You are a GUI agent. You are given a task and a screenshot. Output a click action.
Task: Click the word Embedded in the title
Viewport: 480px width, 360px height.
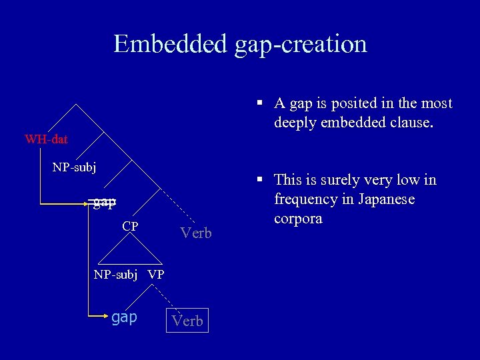tap(171, 44)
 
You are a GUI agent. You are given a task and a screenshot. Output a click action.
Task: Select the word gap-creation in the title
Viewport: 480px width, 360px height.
tap(301, 44)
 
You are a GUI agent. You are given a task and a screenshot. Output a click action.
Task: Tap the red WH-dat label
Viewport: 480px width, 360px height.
tap(46, 139)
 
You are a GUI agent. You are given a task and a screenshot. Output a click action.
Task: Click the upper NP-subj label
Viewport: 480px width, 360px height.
tap(74, 167)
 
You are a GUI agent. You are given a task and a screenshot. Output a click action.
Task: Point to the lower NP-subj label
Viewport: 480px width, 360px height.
tap(115, 274)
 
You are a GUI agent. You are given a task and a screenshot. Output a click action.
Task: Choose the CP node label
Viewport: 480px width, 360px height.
tap(130, 226)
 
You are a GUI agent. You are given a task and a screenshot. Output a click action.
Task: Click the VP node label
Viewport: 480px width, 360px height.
tap(156, 274)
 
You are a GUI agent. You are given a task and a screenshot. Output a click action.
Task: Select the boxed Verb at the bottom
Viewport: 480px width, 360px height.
tap(187, 321)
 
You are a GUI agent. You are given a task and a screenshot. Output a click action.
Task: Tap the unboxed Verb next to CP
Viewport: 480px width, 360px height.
tap(196, 233)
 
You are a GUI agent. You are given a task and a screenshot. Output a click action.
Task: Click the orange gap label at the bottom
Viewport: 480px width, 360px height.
tap(124, 317)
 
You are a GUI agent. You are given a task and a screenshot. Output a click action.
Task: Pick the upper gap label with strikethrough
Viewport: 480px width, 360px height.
tap(104, 202)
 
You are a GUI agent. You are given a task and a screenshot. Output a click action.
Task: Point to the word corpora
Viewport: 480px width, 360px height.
tap(298, 219)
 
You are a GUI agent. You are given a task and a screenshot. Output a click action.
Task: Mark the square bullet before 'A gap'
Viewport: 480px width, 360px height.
tap(263, 103)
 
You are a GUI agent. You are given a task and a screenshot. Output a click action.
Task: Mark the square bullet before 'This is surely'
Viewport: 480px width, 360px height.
tap(263, 179)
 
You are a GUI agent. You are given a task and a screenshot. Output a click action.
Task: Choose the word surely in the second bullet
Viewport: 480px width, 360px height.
tap(351, 179)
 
